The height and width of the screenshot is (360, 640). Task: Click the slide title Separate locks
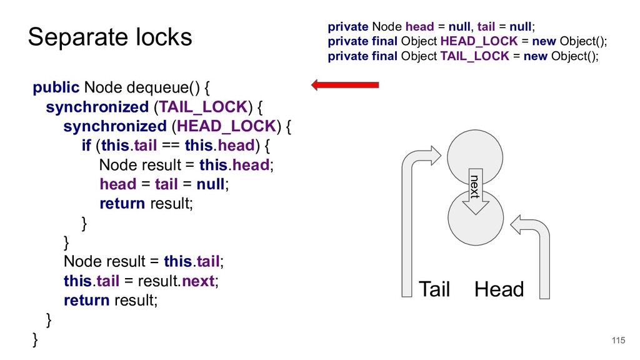pyautogui.click(x=110, y=37)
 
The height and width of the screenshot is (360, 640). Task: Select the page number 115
pyautogui.click(x=617, y=340)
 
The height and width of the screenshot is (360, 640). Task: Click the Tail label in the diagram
pyautogui.click(x=434, y=289)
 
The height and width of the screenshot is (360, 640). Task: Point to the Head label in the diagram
pyautogui.click(x=499, y=289)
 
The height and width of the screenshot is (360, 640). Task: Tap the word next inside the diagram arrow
pyautogui.click(x=475, y=187)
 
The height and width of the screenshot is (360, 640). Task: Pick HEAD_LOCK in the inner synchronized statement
pyautogui.click(x=226, y=126)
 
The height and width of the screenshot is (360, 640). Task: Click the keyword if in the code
pyautogui.click(x=86, y=146)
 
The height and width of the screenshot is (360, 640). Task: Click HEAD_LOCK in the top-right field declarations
pyautogui.click(x=479, y=41)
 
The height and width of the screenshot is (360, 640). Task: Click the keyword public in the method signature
pyautogui.click(x=56, y=87)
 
